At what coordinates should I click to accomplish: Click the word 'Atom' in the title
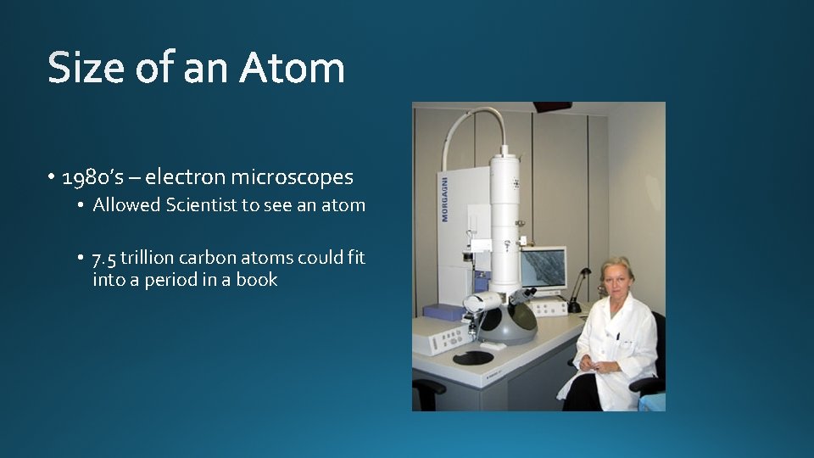click(x=292, y=68)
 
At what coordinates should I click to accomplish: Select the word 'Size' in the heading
click(x=84, y=68)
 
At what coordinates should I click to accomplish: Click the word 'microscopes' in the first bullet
click(x=292, y=177)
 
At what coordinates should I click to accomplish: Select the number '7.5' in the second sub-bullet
click(x=107, y=258)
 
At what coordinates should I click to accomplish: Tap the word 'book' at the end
click(x=256, y=280)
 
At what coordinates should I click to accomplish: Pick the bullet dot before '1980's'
click(x=52, y=178)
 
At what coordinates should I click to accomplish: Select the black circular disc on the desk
click(x=473, y=358)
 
